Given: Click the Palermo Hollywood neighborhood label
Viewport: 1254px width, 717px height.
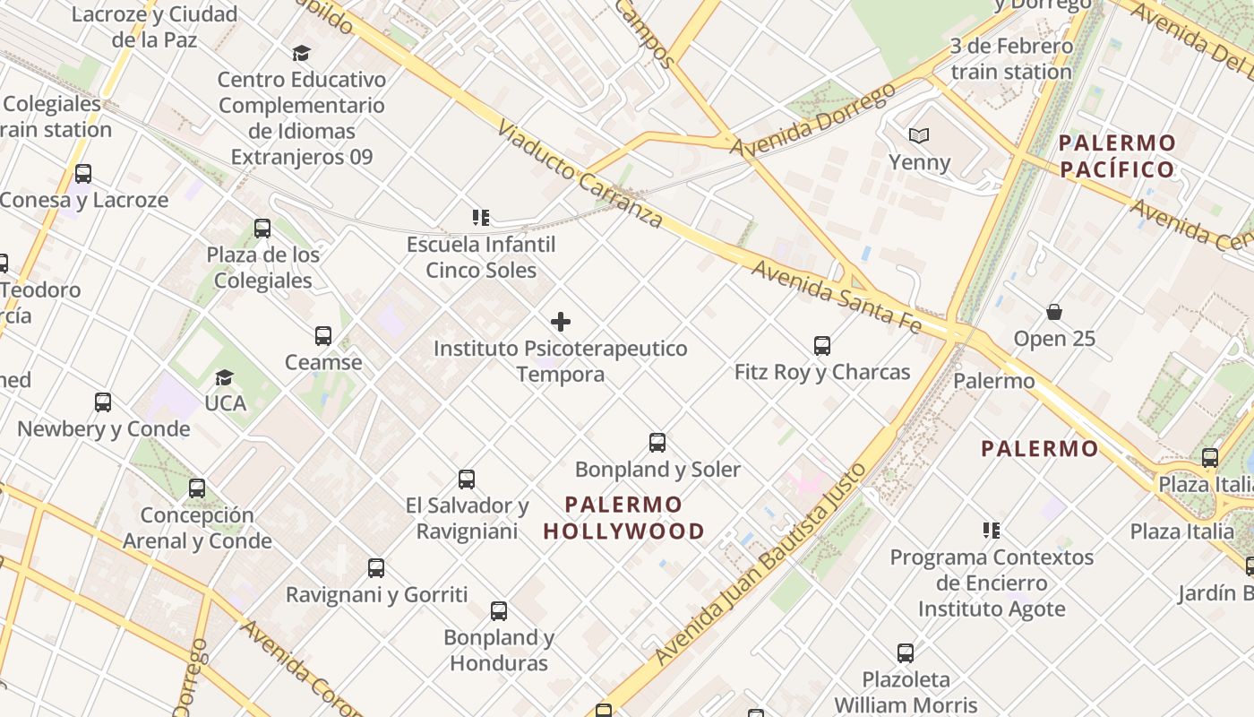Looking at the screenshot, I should (x=623, y=518).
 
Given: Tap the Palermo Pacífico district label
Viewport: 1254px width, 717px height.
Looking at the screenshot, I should (x=1116, y=156).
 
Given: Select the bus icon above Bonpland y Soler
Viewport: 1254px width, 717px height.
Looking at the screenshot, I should (x=657, y=443).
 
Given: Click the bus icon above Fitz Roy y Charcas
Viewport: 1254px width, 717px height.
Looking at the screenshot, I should (x=821, y=346).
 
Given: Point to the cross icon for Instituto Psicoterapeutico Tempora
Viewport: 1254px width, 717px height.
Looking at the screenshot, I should (x=561, y=322).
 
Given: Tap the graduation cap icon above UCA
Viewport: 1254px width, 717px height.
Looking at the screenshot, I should (x=224, y=378).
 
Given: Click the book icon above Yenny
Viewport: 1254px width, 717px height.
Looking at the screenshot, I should (x=919, y=136).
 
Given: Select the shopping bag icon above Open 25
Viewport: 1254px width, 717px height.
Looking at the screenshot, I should (x=1054, y=313).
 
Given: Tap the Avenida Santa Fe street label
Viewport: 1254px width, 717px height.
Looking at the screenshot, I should (x=836, y=297).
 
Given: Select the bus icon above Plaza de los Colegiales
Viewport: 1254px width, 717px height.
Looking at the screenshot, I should (x=262, y=229).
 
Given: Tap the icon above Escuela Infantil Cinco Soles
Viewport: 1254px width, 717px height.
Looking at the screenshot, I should (x=481, y=218).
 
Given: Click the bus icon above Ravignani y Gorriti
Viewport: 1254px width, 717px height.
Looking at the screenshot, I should (x=376, y=568).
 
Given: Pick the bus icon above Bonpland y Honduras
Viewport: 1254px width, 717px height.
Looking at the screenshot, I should (x=499, y=611).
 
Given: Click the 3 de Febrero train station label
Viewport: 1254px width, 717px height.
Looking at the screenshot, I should (x=1011, y=58).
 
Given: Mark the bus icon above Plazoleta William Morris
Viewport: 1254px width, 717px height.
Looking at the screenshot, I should (x=906, y=653).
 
